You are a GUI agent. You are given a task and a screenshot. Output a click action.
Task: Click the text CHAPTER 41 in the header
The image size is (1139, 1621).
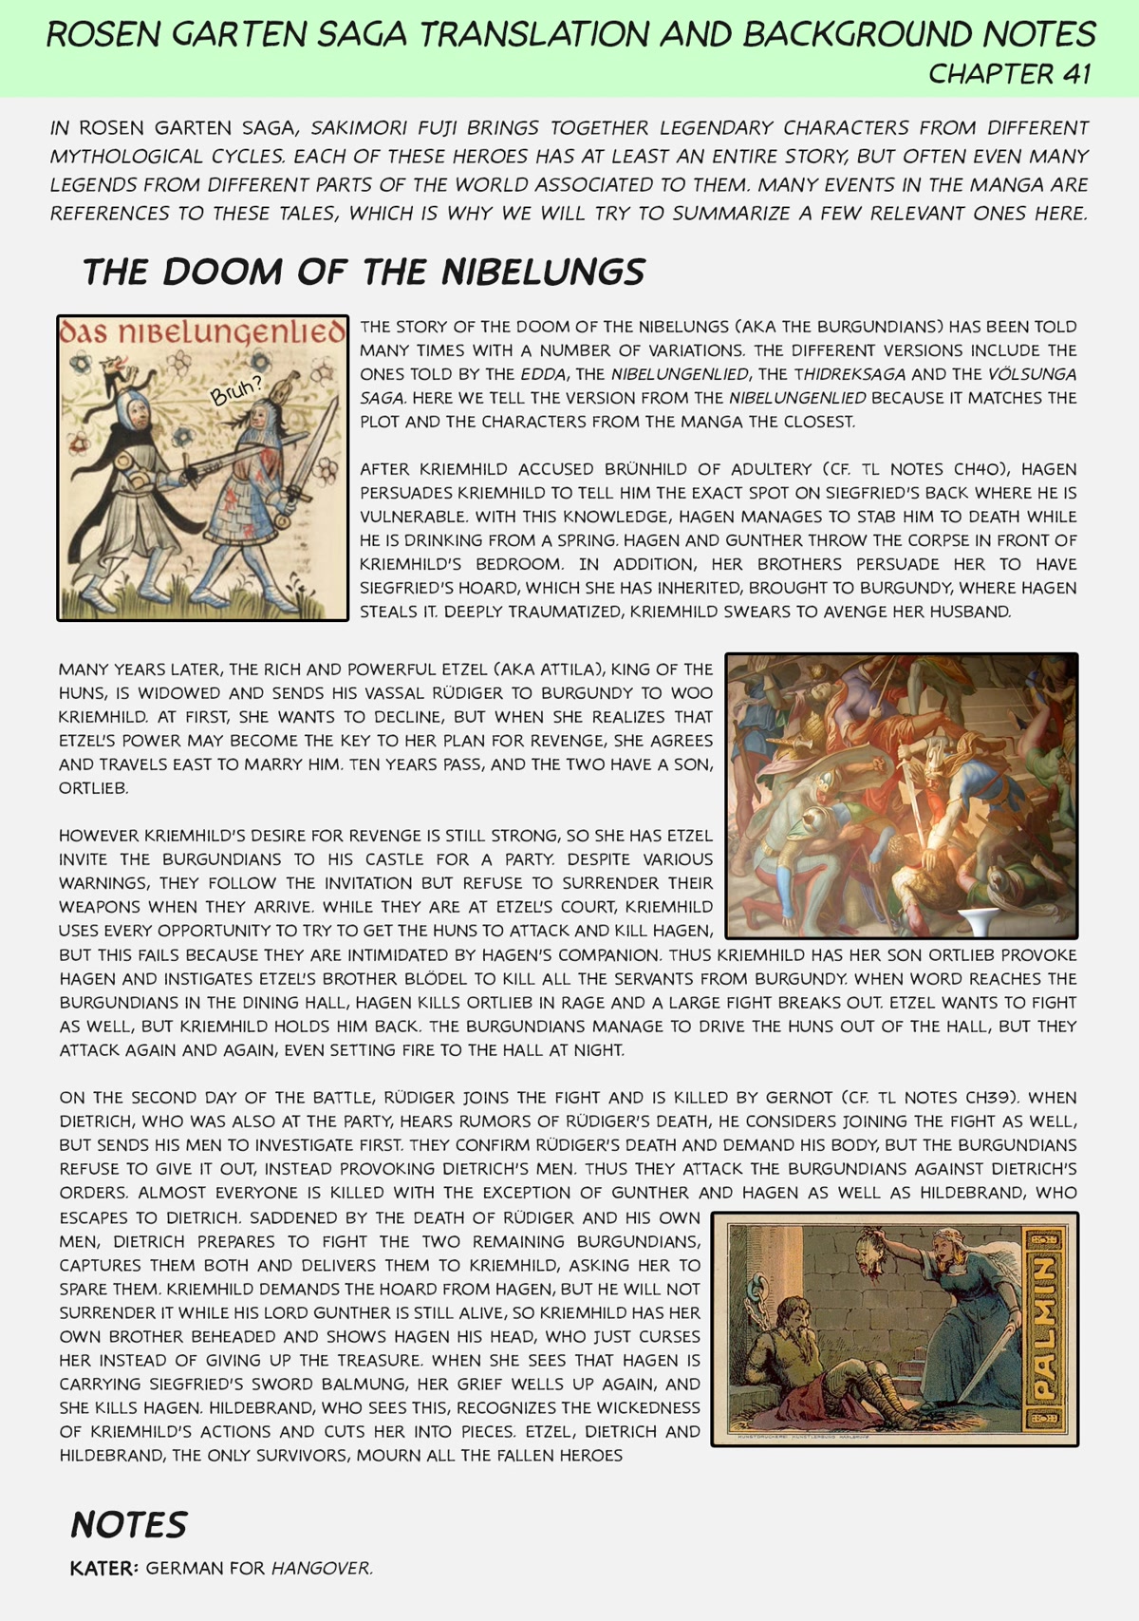coord(1009,74)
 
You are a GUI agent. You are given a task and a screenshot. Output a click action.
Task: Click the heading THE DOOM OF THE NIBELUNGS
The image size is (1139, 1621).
coord(364,273)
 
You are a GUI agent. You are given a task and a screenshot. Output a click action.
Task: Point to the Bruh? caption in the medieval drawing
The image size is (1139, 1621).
coord(236,389)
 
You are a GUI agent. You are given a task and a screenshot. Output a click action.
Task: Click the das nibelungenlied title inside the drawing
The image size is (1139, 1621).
coord(202,332)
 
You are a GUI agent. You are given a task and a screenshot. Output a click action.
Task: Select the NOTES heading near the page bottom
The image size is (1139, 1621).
coord(129,1525)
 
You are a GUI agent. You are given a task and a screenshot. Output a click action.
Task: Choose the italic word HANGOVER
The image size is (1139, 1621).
coord(321,1569)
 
